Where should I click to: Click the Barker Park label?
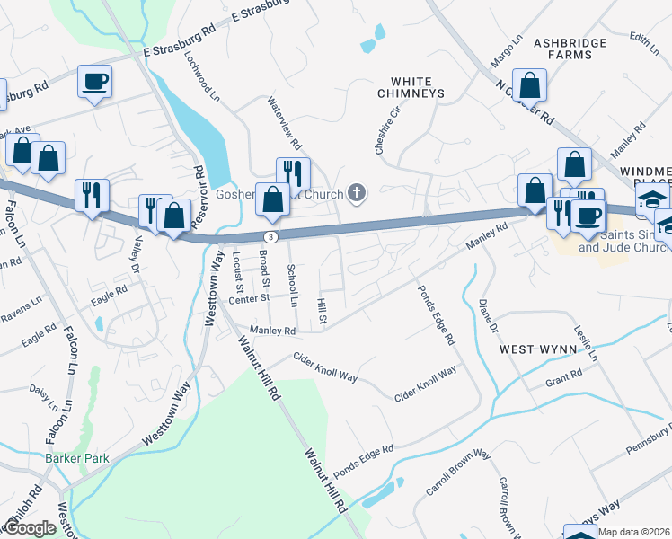tap(76, 458)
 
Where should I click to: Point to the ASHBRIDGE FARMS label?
tap(576, 49)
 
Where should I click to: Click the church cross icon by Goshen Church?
tap(357, 191)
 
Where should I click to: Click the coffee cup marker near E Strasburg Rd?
tap(94, 83)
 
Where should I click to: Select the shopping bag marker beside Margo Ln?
tap(530, 86)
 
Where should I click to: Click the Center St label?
tap(249, 299)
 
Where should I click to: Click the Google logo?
tap(31, 527)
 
